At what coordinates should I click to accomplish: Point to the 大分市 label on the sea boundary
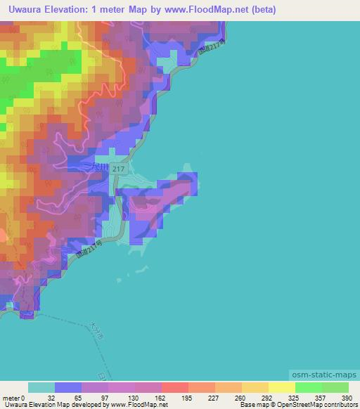pos(96,330)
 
